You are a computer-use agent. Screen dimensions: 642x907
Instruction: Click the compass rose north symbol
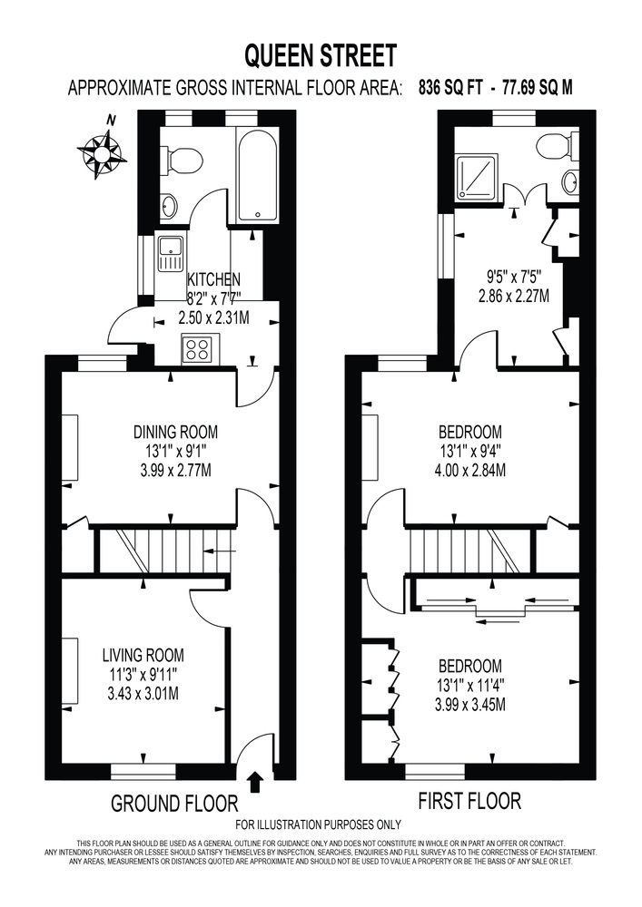pyautogui.click(x=102, y=151)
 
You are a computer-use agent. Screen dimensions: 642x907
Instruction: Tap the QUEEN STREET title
pyautogui.click(x=321, y=56)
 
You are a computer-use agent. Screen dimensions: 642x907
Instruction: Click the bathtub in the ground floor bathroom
pyautogui.click(x=258, y=175)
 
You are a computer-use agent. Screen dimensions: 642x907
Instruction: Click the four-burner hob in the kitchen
pyautogui.click(x=200, y=349)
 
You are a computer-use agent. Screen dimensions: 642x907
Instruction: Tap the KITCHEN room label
pyautogui.click(x=213, y=279)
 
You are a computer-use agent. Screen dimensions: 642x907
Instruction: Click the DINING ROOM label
pyautogui.click(x=175, y=432)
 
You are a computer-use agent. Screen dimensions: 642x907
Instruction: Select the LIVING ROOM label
pyautogui.click(x=143, y=656)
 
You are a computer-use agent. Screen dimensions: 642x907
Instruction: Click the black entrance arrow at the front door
pyautogui.click(x=254, y=783)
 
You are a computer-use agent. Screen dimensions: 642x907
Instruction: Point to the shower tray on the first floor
pyautogui.click(x=477, y=176)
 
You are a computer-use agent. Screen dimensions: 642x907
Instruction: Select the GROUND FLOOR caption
pyautogui.click(x=174, y=804)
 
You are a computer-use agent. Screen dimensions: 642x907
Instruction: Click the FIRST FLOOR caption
pyautogui.click(x=469, y=801)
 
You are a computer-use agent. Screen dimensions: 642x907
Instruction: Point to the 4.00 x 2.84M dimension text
pyautogui.click(x=469, y=470)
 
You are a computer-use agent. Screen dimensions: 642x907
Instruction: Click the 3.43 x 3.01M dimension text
pyautogui.click(x=143, y=693)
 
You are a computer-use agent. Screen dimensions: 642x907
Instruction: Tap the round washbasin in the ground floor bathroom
pyautogui.click(x=169, y=208)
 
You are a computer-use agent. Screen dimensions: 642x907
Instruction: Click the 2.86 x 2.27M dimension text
pyautogui.click(x=513, y=297)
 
